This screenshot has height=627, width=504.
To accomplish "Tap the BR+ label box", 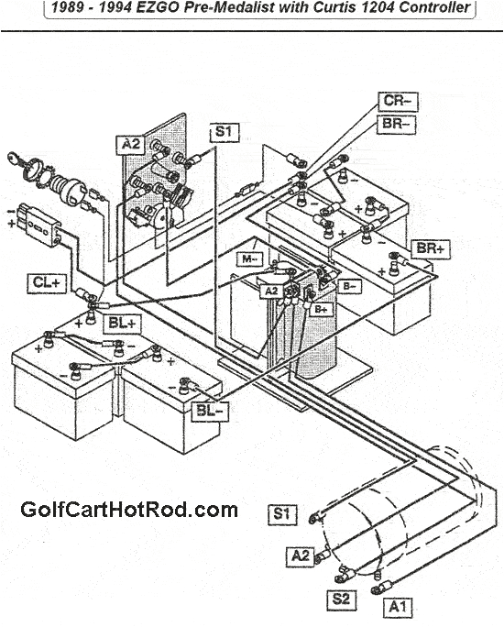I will (430, 248).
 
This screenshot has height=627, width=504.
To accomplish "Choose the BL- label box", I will (212, 410).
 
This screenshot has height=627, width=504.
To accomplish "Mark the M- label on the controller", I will (248, 260).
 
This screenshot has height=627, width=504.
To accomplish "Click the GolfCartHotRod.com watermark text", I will (128, 510).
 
